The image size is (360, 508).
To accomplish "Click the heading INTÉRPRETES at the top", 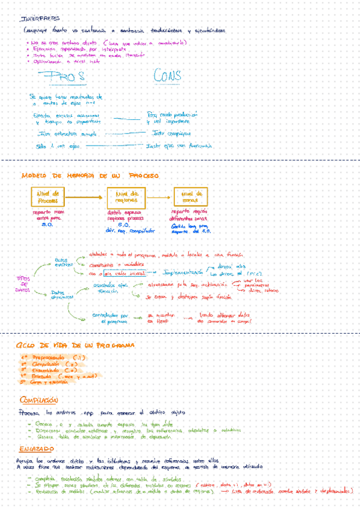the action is (x=44, y=19).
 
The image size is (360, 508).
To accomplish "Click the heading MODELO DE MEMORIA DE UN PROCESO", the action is (x=89, y=176).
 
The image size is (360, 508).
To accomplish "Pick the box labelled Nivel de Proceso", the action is (x=48, y=197).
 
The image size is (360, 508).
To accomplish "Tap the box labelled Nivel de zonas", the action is (x=190, y=197).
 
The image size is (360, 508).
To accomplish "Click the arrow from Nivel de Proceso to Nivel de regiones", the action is (x=86, y=197).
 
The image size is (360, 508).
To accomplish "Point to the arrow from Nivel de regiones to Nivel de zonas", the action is (x=159, y=197).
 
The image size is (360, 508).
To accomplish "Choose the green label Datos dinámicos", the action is (x=62, y=295).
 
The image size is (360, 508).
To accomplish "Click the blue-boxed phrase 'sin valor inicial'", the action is (x=126, y=273).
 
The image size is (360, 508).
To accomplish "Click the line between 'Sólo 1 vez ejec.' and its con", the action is (x=114, y=146).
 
